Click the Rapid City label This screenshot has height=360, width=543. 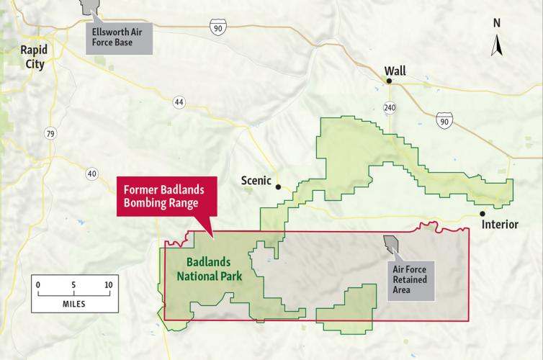point(32,56)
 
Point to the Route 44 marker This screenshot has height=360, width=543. point(179,103)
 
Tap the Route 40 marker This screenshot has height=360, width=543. point(91,173)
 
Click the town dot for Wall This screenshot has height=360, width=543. point(389,82)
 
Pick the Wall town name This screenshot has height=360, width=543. point(395,71)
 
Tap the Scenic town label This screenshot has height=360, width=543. point(256,182)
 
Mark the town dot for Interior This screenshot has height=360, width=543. point(483,214)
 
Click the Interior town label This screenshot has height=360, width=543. point(500,225)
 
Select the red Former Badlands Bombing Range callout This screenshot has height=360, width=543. point(161,197)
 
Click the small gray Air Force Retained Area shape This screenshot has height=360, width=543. point(391,246)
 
